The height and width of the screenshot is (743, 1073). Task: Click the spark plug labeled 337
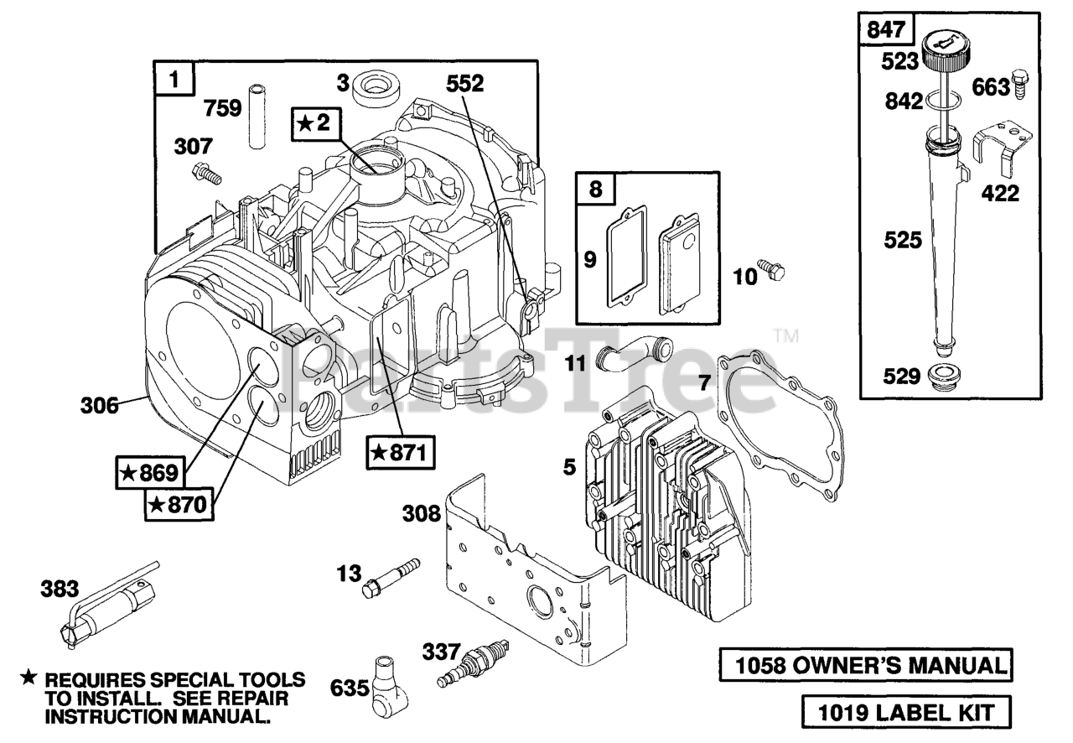(x=473, y=663)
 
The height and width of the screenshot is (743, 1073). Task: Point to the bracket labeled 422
(x=1002, y=153)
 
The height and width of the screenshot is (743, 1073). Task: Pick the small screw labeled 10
(x=770, y=270)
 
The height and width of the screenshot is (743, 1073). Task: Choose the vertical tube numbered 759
(x=257, y=116)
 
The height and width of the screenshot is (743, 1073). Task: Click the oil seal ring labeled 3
(x=376, y=90)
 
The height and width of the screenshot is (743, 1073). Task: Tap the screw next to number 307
(x=206, y=174)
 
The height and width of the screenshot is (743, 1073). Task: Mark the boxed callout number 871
(x=401, y=452)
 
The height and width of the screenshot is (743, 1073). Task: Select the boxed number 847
(x=886, y=29)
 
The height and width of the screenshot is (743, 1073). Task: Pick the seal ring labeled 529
(x=944, y=377)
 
